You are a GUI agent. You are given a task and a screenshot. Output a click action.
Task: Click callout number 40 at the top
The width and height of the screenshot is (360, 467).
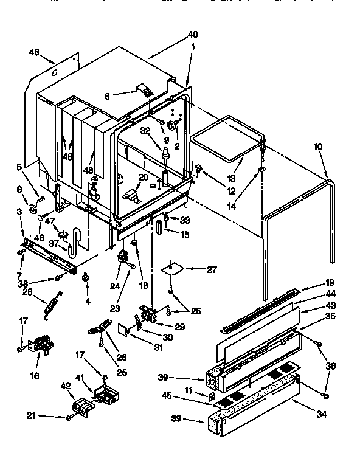pos(193,34)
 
